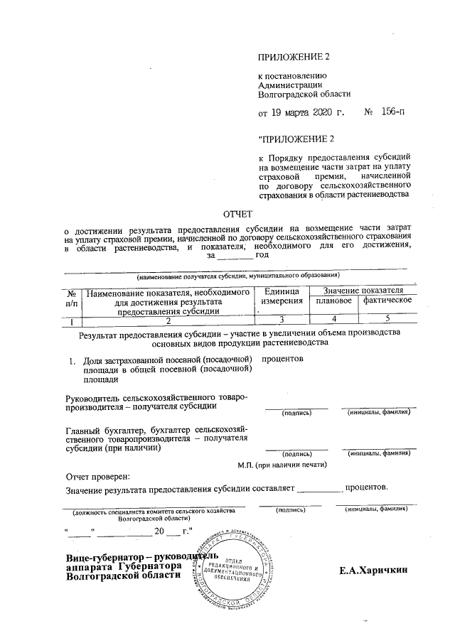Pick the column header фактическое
point(387,301)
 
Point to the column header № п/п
point(71,297)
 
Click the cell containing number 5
point(387,320)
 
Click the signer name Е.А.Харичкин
point(375,570)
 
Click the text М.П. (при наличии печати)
point(282,465)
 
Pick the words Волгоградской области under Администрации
point(304,93)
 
